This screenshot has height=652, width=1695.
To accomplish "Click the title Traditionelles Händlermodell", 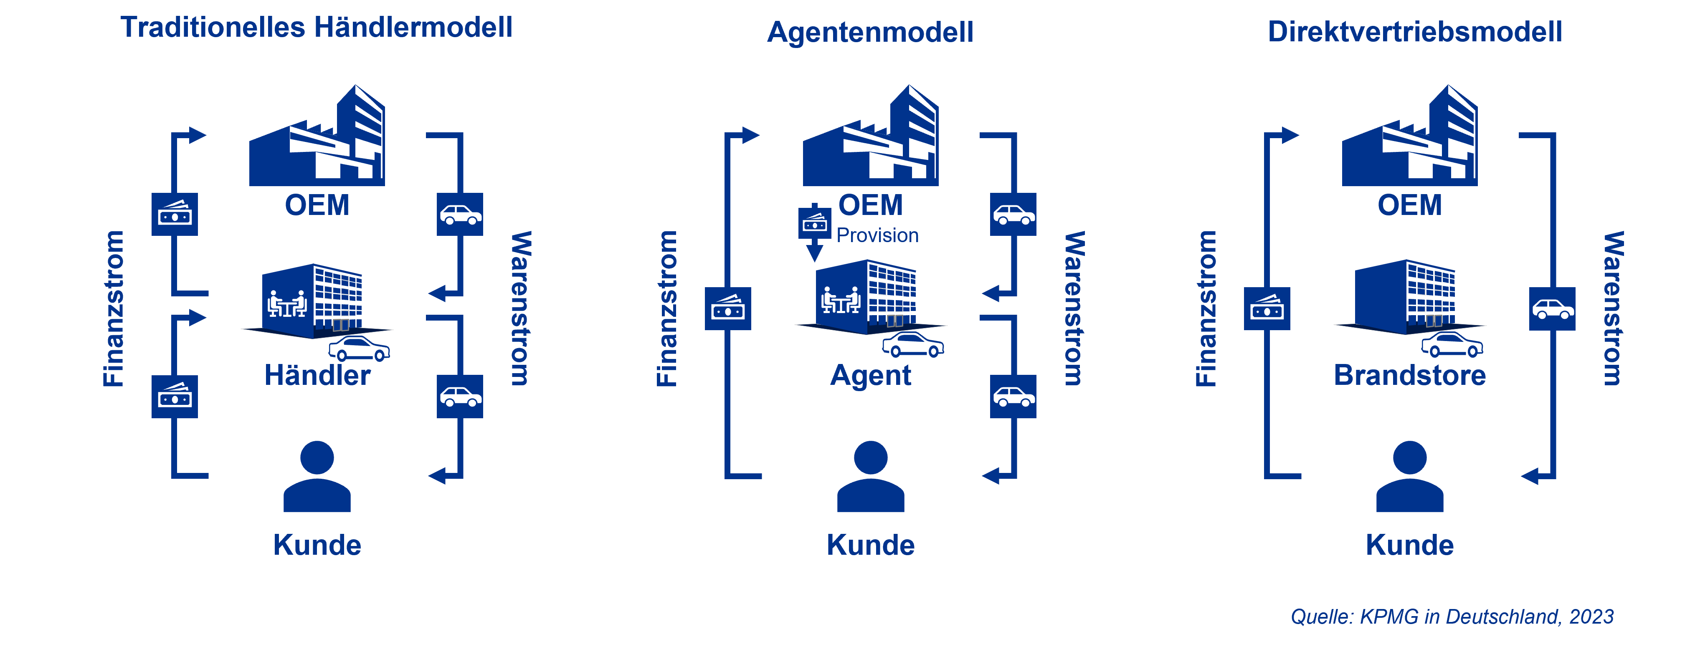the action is point(317,28).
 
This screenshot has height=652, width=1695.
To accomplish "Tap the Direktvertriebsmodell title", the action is point(1415,32).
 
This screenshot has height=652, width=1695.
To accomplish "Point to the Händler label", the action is point(317,375).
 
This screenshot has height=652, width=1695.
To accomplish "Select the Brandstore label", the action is point(1409,375).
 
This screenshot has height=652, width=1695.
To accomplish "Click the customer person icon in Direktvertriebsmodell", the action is point(1409,476).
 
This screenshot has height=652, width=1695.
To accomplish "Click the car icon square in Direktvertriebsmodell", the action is point(1552,308).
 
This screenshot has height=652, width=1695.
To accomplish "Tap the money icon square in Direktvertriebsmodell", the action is point(1267,308).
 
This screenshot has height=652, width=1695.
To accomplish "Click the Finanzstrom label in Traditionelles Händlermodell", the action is point(113,308).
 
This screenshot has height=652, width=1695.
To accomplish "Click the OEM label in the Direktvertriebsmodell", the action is point(1409,205).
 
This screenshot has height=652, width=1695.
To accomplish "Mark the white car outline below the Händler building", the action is point(359,349).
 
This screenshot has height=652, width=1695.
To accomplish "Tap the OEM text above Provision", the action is point(871,205).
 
